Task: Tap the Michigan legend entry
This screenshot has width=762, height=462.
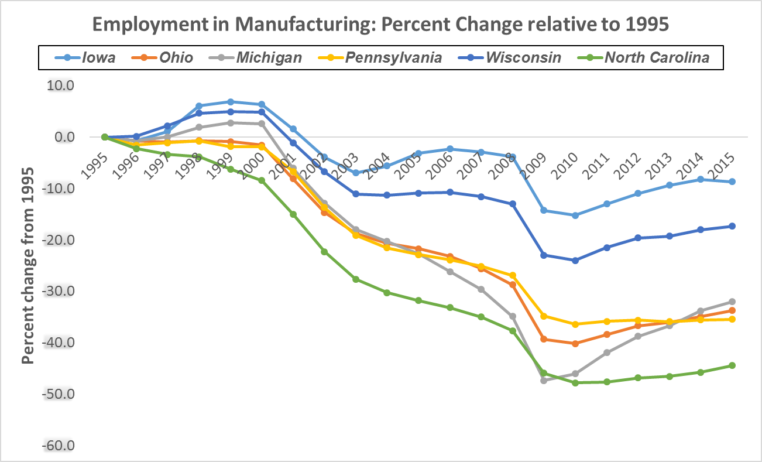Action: [x=269, y=57]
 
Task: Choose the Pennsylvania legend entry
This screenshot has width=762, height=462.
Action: [x=393, y=57]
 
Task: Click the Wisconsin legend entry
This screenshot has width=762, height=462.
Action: [x=523, y=57]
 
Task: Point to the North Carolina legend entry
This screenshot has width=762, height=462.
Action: [x=657, y=57]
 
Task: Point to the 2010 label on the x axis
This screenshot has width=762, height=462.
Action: [x=567, y=166]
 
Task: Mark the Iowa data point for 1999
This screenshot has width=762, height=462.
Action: [x=231, y=102]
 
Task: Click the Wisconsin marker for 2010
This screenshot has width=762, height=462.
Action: [x=575, y=261]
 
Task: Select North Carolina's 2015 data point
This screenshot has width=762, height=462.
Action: [x=732, y=365]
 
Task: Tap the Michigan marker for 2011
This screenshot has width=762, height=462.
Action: [x=607, y=353]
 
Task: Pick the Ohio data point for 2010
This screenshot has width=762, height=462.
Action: [x=575, y=344]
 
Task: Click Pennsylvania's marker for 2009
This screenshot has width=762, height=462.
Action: [x=544, y=316]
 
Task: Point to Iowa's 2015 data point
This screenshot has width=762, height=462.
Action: [x=732, y=182]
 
